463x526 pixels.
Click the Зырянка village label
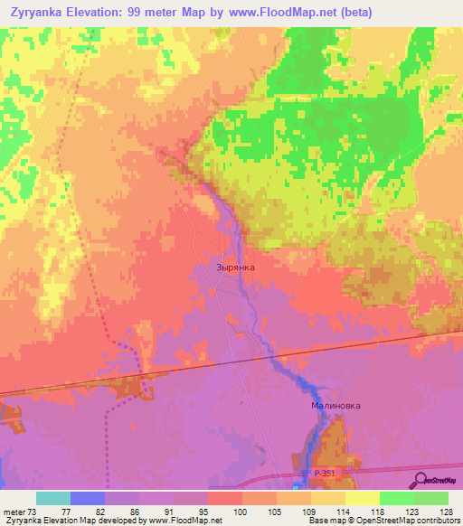pos(236,268)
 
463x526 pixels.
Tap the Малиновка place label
pos(335,406)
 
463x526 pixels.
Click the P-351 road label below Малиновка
pos(326,474)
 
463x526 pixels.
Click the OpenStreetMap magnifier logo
pos(419,479)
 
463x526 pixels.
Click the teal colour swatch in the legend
pos(53,498)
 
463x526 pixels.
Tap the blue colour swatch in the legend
pos(88,498)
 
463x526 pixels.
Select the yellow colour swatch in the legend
pos(363,498)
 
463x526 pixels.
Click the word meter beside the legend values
pos(13,512)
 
